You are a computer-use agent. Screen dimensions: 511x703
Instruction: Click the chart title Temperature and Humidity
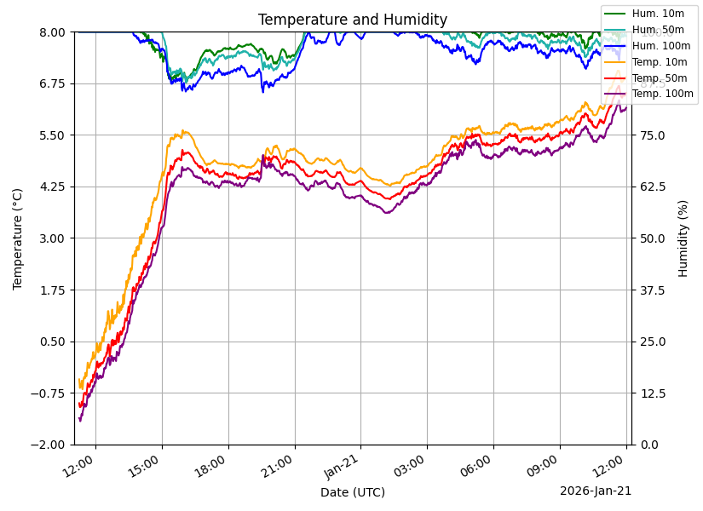pyautogui.click(x=352, y=20)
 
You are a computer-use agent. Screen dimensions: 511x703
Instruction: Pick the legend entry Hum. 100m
pyautogui.click(x=660, y=45)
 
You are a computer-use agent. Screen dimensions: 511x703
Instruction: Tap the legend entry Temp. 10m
pyautogui.click(x=659, y=61)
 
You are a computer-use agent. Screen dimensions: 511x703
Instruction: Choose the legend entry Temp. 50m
pyautogui.click(x=659, y=78)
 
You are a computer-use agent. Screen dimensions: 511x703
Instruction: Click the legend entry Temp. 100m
pyautogui.click(x=662, y=94)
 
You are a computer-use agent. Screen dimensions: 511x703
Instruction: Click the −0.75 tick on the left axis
pyautogui.click(x=50, y=393)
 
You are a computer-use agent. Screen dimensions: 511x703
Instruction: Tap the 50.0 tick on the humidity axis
pyautogui.click(x=653, y=238)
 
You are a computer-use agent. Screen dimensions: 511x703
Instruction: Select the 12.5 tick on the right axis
pyautogui.click(x=653, y=393)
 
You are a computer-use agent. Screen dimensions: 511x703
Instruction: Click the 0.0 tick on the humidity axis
pyautogui.click(x=649, y=445)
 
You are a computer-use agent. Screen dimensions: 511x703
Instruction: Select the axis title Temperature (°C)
pyautogui.click(x=18, y=238)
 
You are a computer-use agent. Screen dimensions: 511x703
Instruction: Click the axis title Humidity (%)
pyautogui.click(x=683, y=238)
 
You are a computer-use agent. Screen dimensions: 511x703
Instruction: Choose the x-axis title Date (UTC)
pyautogui.click(x=352, y=492)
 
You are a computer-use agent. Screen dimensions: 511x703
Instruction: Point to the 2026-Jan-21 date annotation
pyautogui.click(x=595, y=491)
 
